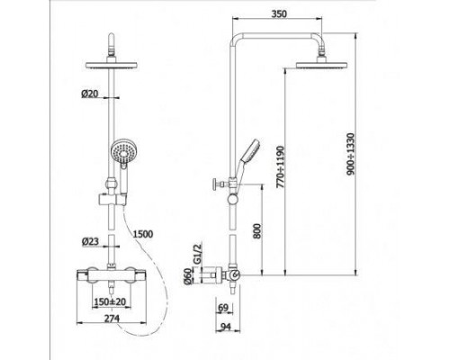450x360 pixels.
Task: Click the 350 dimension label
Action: [279, 13]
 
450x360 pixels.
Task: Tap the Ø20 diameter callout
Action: [89, 94]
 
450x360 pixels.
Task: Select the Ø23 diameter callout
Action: [90, 241]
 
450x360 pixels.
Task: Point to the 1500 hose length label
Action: [143, 234]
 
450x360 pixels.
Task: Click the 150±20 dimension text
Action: [111, 301]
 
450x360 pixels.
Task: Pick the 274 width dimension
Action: [112, 318]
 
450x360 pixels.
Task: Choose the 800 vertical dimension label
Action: [256, 230]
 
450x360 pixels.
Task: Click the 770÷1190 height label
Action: [280, 167]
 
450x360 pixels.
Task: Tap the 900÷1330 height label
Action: [350, 154]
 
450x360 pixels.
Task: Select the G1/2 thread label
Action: [196, 254]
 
